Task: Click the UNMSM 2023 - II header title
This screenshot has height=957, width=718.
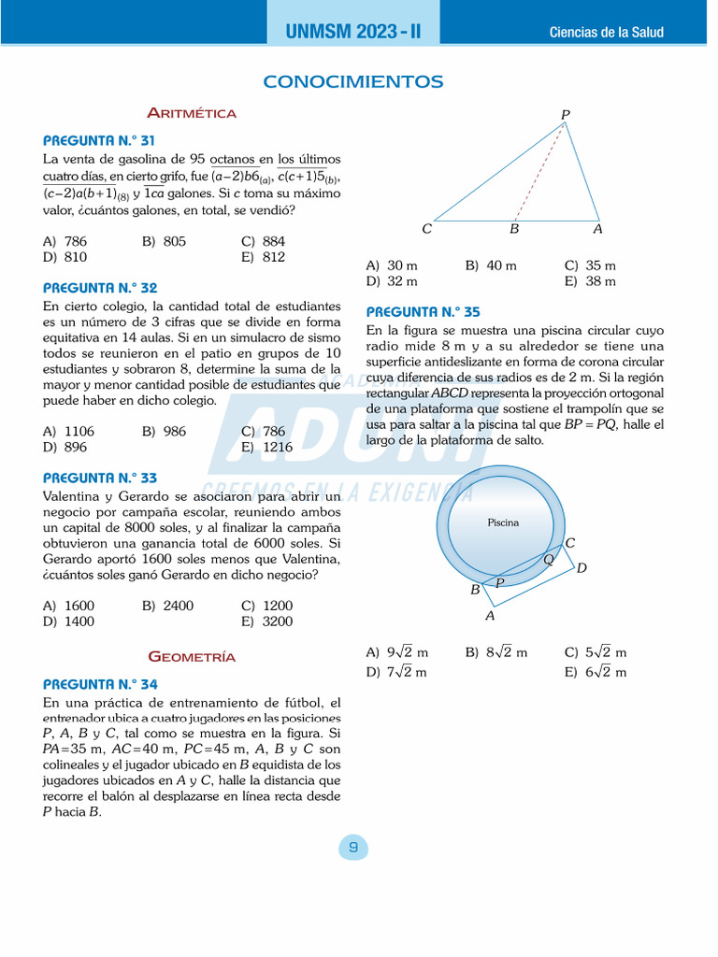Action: coord(353,32)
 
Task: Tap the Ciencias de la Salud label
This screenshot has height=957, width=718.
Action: coord(606,32)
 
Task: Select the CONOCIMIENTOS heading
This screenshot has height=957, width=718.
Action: coord(353,82)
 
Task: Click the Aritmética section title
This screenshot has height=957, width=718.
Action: coord(192,113)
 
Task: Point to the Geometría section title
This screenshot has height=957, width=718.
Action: coord(192,657)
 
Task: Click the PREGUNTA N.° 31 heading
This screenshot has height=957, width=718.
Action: coord(100,140)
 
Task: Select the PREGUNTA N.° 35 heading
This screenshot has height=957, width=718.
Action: coord(424,312)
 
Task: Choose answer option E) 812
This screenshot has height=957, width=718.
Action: coord(263,257)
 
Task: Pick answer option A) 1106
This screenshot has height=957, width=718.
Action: coord(68,431)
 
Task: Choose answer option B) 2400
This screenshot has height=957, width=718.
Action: coord(167,606)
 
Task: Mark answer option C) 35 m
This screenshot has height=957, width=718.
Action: coord(590,265)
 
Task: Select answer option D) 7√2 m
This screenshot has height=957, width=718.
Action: coord(396,672)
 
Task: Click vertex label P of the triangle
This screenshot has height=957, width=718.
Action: coord(565,114)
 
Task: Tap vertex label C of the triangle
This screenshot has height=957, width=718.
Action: coord(426,229)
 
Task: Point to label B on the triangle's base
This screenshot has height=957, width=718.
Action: coord(514,229)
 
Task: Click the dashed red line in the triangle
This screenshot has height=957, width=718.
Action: coord(540,173)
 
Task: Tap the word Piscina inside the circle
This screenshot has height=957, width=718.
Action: coord(503,522)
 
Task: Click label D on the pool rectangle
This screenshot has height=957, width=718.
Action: coord(582,567)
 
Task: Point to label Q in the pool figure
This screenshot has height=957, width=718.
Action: coord(549,559)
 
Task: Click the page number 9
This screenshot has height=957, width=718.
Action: coord(353,848)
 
